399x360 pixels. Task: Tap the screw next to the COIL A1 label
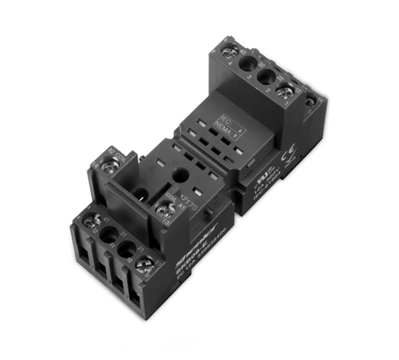[x=164, y=208]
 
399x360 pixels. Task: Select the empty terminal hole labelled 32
[x=248, y=64]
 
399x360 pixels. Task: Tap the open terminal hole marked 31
[x=109, y=236]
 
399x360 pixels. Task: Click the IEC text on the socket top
[x=227, y=120]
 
